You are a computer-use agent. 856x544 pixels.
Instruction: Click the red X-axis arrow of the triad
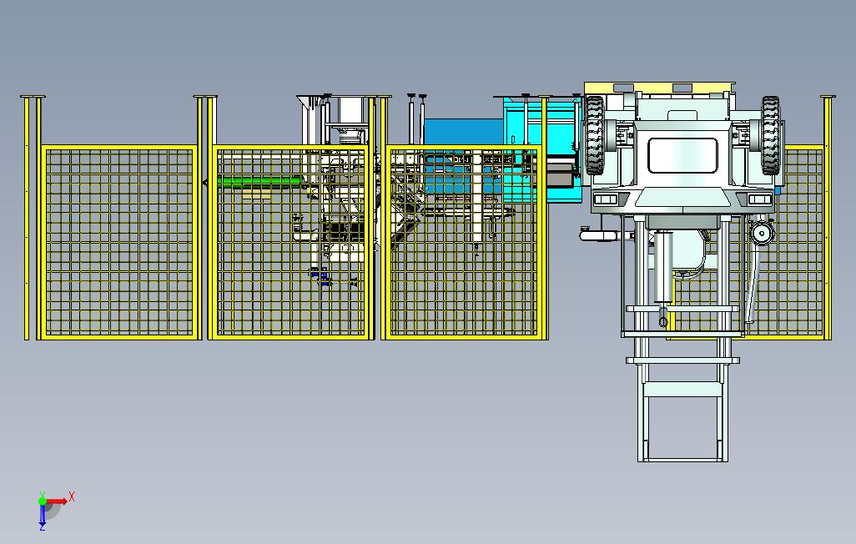point(57,501)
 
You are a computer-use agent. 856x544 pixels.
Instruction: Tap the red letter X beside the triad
point(72,497)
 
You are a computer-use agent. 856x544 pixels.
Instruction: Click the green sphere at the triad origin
point(42,501)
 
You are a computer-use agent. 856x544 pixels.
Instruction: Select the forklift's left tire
point(595,135)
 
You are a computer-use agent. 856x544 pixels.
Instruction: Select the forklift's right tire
point(770,135)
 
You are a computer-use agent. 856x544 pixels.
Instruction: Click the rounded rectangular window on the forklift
point(682,156)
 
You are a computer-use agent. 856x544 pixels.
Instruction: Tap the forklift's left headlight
point(605,199)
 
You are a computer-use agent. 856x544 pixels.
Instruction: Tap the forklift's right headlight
point(759,199)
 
